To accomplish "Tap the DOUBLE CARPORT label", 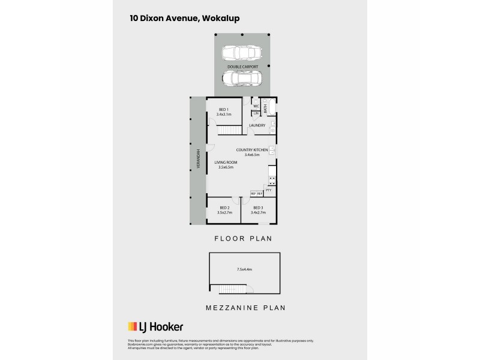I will pyautogui.click(x=242, y=67).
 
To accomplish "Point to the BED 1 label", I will pyautogui.click(x=223, y=109).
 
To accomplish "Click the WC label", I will pyautogui.click(x=255, y=106).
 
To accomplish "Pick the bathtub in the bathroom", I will pyautogui.click(x=270, y=108).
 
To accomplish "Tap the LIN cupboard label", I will pyautogui.click(x=255, y=113).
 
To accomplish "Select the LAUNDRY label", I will pyautogui.click(x=257, y=125).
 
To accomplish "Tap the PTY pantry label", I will pyautogui.click(x=268, y=190).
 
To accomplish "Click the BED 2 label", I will pyautogui.click(x=224, y=208).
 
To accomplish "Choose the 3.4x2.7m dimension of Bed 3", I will pyautogui.click(x=258, y=212).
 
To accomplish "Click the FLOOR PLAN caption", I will pyautogui.click(x=244, y=238).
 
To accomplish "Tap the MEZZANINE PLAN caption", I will pyautogui.click(x=243, y=308).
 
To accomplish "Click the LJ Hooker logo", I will pyautogui.click(x=155, y=327).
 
